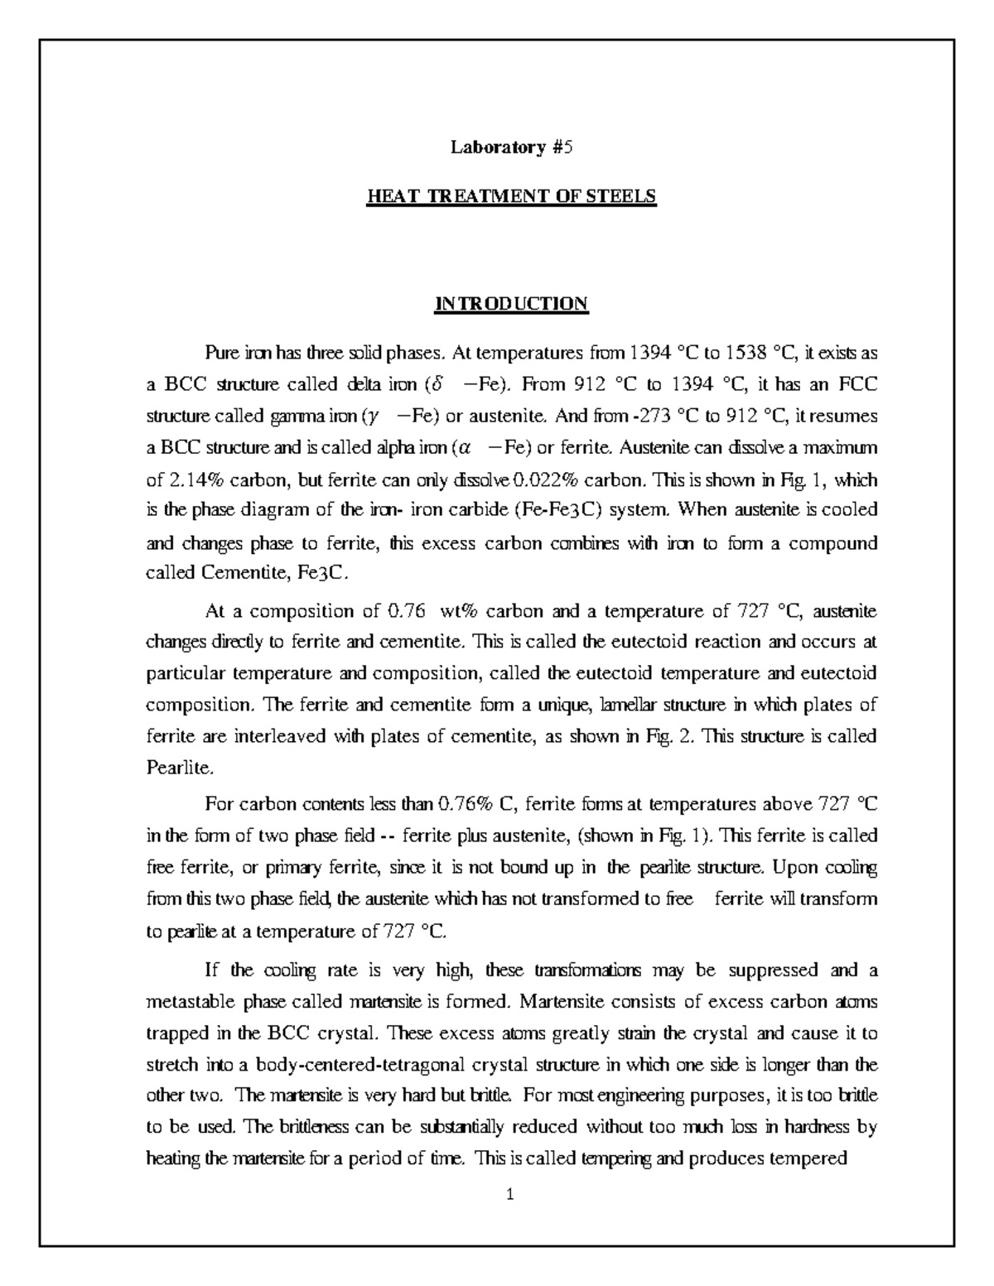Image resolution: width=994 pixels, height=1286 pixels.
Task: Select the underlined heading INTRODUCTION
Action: (512, 304)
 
